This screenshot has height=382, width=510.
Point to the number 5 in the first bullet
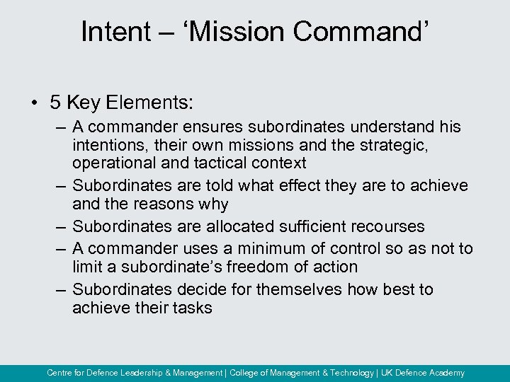pyautogui.click(x=55, y=103)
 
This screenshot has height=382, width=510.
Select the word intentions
pyautogui.click(x=106, y=146)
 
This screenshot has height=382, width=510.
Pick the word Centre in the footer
pyautogui.click(x=60, y=373)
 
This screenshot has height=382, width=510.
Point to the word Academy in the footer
pyautogui.click(x=443, y=373)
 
